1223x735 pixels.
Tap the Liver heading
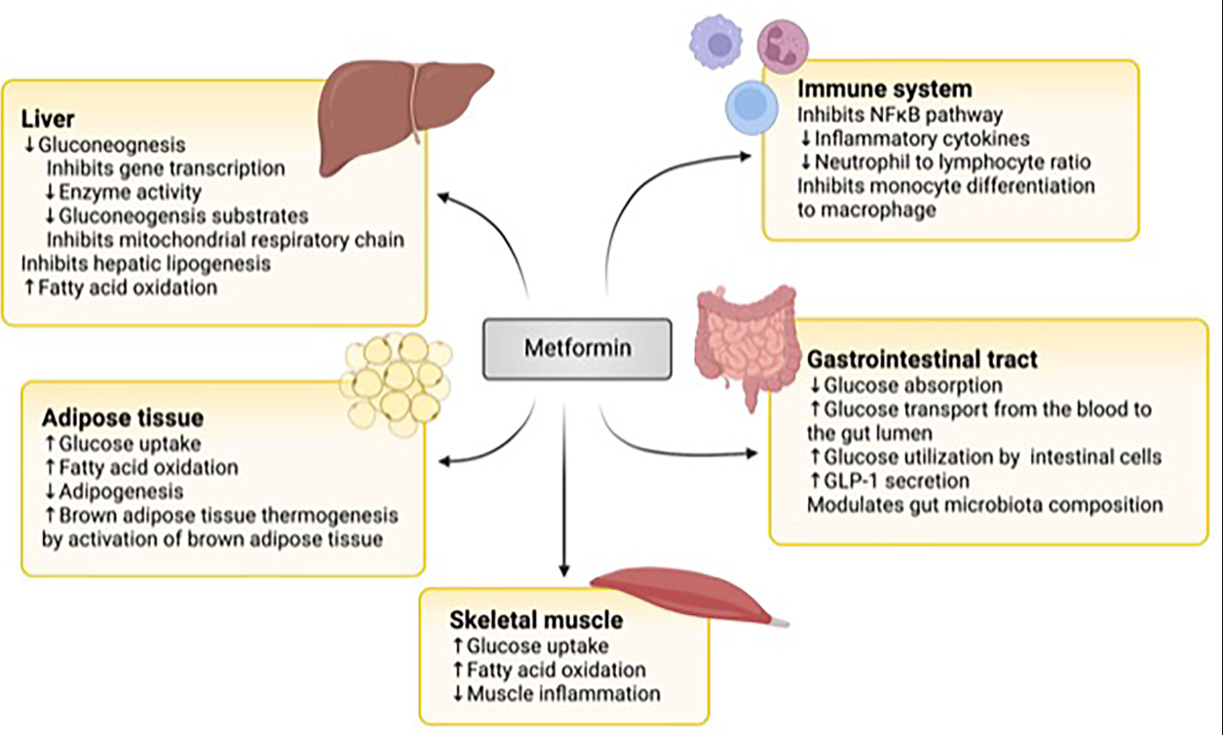tap(48, 122)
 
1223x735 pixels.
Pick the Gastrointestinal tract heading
tap(922, 360)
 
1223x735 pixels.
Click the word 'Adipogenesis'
tap(122, 490)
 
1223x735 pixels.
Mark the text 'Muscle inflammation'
tap(563, 694)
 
